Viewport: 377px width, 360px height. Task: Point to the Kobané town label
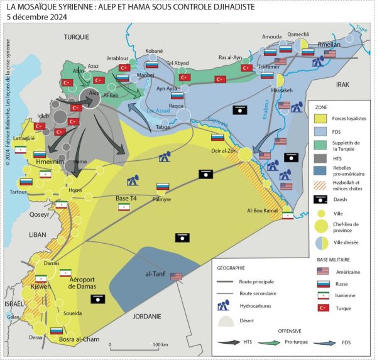[154, 50]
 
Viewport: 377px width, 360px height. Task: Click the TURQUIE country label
[77, 38]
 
